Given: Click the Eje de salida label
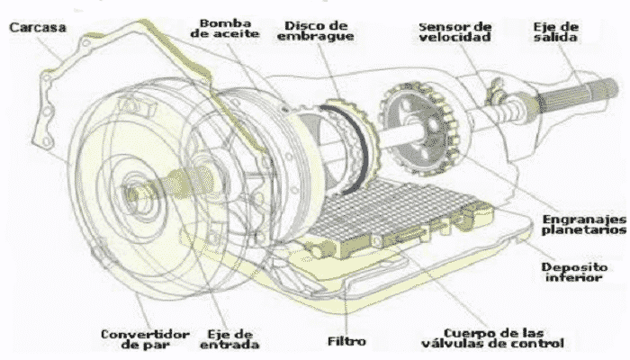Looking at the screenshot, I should (x=555, y=29).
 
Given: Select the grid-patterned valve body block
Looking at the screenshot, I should (x=396, y=216).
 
